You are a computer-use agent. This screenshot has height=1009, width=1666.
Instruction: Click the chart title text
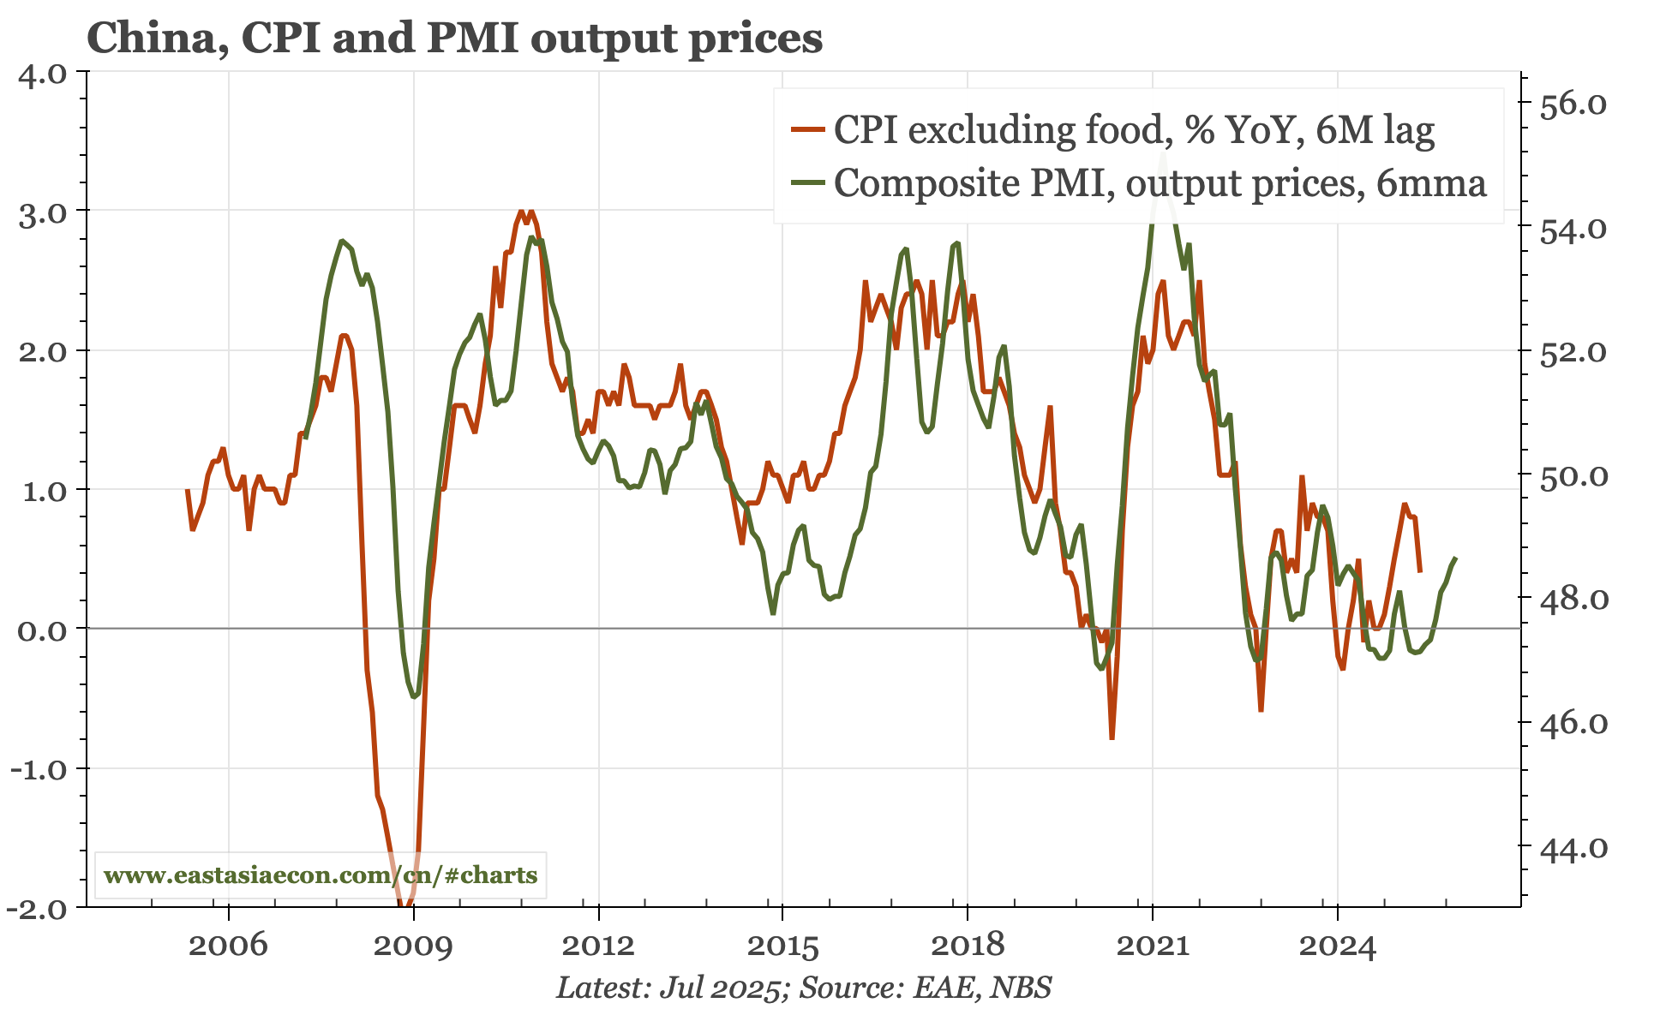point(454,38)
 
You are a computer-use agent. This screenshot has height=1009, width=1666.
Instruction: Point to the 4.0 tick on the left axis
point(42,75)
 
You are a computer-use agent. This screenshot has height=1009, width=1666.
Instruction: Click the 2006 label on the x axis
point(228,946)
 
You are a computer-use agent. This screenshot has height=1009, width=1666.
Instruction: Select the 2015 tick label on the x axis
point(782,946)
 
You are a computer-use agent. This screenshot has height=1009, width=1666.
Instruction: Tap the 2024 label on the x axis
point(1337,946)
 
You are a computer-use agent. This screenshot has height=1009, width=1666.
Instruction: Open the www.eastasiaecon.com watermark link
point(320,875)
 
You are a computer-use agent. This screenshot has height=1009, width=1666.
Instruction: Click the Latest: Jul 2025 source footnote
point(804,988)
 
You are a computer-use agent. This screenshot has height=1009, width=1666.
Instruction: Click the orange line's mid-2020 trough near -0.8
point(1112,737)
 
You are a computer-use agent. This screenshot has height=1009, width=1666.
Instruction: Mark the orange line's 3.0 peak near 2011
point(521,211)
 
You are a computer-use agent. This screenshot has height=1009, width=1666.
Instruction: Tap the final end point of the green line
point(1455,558)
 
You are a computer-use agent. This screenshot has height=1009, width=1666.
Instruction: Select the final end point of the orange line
point(1420,570)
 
